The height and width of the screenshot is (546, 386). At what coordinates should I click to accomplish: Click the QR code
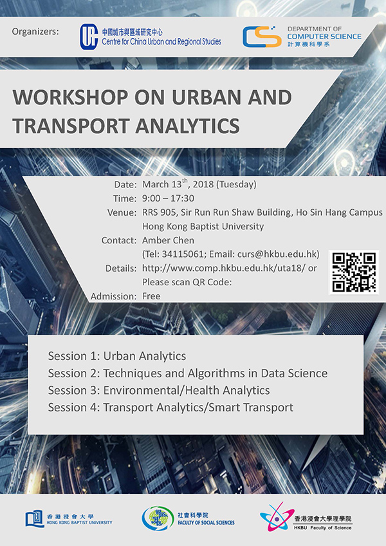click(354, 272)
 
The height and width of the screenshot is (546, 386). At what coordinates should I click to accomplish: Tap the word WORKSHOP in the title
click(70, 98)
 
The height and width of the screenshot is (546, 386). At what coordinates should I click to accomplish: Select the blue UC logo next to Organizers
click(89, 37)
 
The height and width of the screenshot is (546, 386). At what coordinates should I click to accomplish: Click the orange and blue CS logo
click(262, 37)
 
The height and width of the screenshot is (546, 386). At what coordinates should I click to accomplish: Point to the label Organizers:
click(35, 32)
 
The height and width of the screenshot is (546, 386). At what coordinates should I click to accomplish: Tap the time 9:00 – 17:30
click(168, 198)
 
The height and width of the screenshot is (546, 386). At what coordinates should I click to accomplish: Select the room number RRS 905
click(159, 212)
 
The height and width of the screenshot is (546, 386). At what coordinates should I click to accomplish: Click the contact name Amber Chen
click(168, 240)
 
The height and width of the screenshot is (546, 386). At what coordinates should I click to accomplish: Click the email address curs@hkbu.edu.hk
click(277, 254)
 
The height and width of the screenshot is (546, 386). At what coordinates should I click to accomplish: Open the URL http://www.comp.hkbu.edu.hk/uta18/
click(224, 268)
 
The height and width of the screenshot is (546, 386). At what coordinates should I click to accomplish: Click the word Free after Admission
click(151, 296)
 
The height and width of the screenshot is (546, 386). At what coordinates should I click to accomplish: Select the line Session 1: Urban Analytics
click(117, 356)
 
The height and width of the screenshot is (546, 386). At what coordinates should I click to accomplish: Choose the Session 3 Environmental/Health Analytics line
click(159, 390)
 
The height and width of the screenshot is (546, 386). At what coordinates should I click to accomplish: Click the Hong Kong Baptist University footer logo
click(69, 519)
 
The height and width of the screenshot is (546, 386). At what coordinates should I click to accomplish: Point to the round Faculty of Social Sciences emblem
click(158, 519)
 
